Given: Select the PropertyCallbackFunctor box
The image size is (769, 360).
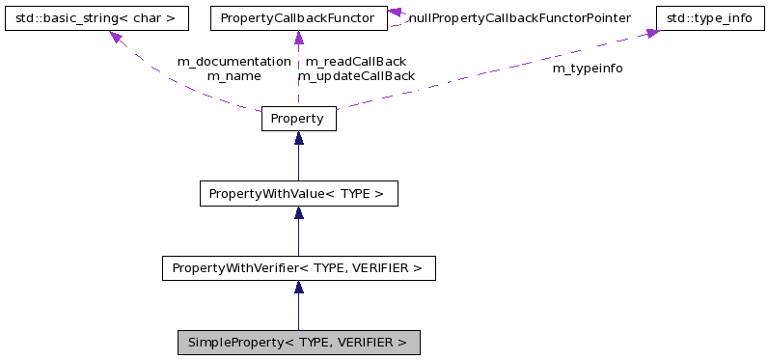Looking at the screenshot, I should pos(298,18).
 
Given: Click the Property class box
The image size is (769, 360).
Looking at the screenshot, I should pos(298,119).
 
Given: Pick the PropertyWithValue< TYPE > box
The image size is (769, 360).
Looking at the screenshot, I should pos(298,193).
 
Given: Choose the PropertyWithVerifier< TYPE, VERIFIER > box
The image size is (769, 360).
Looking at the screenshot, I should pos(298,267).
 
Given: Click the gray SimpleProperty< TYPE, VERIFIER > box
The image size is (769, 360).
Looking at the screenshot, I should pos(298,343).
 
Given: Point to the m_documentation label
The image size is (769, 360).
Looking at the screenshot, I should pos(233,61).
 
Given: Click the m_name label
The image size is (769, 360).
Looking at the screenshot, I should pos(233,75).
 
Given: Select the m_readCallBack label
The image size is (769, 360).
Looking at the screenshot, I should pos(355,61).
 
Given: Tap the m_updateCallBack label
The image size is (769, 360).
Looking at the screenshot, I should pos(355,75).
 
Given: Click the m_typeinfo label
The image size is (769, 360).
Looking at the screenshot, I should pos(587,69).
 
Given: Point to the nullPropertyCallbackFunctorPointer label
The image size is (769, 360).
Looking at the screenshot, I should pos(519,18).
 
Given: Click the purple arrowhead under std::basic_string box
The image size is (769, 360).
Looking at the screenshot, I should pos(116,38).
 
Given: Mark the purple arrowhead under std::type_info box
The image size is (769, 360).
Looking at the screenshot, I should pos(652,34).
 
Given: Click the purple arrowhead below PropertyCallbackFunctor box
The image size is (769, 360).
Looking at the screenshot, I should pos(298,38).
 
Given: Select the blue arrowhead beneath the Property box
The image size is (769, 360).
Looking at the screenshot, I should pos(298,138).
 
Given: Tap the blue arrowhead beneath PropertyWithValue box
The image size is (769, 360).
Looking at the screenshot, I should pos(298,212).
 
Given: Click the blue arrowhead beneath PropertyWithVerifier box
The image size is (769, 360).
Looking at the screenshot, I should pos(298,287).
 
